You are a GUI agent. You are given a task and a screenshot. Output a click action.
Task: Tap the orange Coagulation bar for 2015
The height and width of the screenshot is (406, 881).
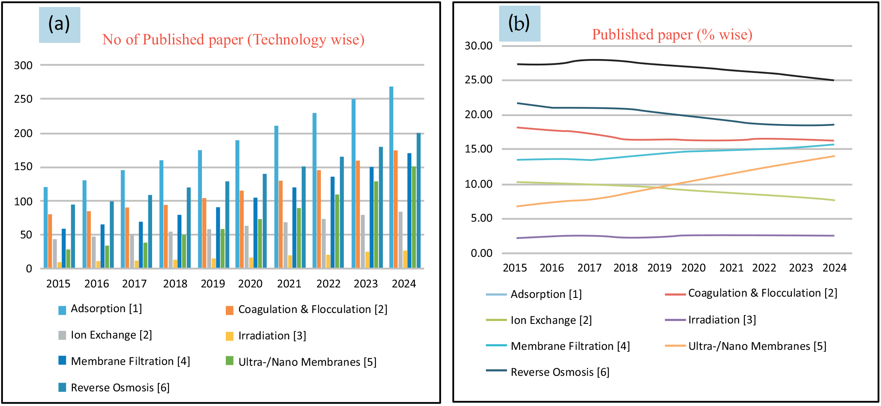(x=50, y=241)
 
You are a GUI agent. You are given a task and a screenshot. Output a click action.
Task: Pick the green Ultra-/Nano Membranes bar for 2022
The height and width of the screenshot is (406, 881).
(x=337, y=231)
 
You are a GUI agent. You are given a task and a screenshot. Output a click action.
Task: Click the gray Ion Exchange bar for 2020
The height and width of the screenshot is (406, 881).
(x=246, y=247)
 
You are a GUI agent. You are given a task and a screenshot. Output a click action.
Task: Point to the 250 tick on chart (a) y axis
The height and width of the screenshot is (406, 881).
(x=23, y=99)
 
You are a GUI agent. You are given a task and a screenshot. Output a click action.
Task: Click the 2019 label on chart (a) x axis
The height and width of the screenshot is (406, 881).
(x=213, y=284)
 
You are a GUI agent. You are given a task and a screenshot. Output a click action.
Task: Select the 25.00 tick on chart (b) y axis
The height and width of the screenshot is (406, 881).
(x=478, y=80)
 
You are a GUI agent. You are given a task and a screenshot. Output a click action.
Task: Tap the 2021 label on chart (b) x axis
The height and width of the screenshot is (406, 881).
(x=731, y=268)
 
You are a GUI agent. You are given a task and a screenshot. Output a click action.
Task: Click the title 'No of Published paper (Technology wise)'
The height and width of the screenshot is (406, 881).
(x=233, y=40)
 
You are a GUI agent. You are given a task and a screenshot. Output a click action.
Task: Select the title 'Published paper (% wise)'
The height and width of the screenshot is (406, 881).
(x=672, y=35)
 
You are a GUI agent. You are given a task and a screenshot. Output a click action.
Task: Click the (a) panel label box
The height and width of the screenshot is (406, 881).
(x=59, y=24)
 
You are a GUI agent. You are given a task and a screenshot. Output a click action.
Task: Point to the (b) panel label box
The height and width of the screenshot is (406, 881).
(x=519, y=23)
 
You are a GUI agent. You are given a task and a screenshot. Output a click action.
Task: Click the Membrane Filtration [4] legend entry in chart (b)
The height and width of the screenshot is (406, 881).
(x=570, y=346)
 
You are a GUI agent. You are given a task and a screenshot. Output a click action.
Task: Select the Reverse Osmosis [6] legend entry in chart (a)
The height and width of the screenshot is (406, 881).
(x=119, y=388)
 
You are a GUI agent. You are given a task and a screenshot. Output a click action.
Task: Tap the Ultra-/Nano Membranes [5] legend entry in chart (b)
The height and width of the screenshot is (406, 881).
(x=757, y=346)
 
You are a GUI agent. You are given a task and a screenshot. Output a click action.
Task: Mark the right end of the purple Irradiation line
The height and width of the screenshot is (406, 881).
(x=834, y=235)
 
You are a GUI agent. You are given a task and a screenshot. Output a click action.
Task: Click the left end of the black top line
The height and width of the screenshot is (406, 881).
(x=518, y=64)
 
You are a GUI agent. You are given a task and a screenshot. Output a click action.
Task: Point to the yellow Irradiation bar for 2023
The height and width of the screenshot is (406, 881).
(x=367, y=260)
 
